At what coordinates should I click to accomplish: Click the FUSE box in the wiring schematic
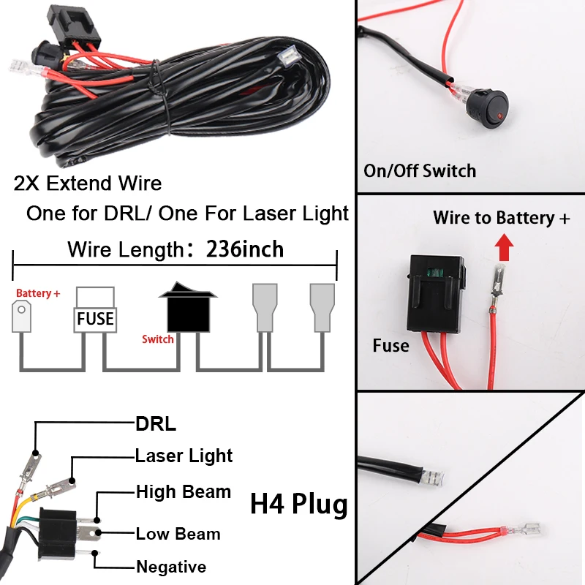pyautogui.click(x=95, y=309)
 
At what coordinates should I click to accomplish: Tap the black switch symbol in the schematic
pyautogui.click(x=188, y=307)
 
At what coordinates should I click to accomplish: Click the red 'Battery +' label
pyautogui.click(x=38, y=293)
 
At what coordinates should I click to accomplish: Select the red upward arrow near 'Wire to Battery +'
pyautogui.click(x=504, y=247)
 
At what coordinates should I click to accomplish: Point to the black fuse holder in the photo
pyautogui.click(x=436, y=293)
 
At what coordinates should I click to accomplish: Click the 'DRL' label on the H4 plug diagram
pyautogui.click(x=156, y=424)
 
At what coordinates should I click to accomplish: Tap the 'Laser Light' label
pyautogui.click(x=184, y=456)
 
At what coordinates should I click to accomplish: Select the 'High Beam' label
pyautogui.click(x=184, y=491)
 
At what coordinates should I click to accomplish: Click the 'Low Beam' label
pyautogui.click(x=178, y=534)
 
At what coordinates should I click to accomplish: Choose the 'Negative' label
pyautogui.click(x=171, y=567)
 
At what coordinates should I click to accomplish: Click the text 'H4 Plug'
pyautogui.click(x=299, y=505)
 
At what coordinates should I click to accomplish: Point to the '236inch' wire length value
pyautogui.click(x=245, y=249)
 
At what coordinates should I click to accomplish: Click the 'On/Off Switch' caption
pyautogui.click(x=420, y=171)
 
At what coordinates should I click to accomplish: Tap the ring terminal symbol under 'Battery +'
pyautogui.click(x=22, y=317)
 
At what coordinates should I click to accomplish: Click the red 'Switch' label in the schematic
pyautogui.click(x=158, y=339)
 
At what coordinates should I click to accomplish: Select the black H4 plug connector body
pyautogui.click(x=58, y=535)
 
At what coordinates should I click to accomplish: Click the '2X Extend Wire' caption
pyautogui.click(x=88, y=184)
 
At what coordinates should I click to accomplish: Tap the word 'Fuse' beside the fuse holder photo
pyautogui.click(x=390, y=345)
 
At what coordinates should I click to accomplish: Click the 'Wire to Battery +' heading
pyautogui.click(x=502, y=217)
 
